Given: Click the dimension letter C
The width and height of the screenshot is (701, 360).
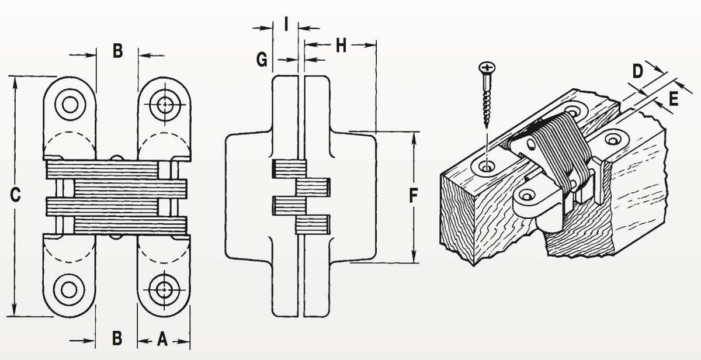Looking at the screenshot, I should point(16,195).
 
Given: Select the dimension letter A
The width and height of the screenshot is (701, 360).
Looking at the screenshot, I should point(164,338).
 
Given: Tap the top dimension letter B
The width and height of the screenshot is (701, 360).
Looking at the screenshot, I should point(117,51).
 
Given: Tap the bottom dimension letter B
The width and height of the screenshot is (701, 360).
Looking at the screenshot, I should point(117,338).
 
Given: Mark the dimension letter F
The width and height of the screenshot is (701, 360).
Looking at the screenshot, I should point(413,196).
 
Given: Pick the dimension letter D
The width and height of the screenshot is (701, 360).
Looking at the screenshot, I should point(638,71).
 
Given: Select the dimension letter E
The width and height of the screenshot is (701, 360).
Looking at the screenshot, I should point(674,99).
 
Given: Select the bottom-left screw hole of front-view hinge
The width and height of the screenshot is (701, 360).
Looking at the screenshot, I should point(70,288).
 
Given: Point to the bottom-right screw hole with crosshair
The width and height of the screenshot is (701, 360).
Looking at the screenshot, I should point(165,288).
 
